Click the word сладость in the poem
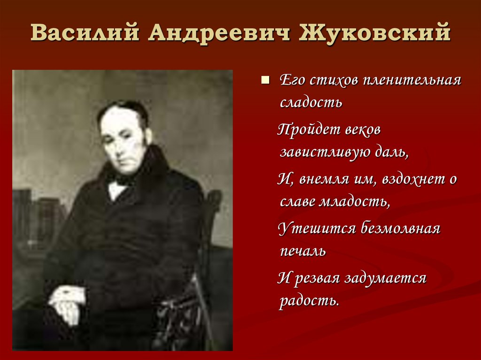(x=310, y=102)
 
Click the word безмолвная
(x=400, y=229)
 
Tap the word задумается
(x=385, y=278)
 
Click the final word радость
(x=309, y=300)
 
